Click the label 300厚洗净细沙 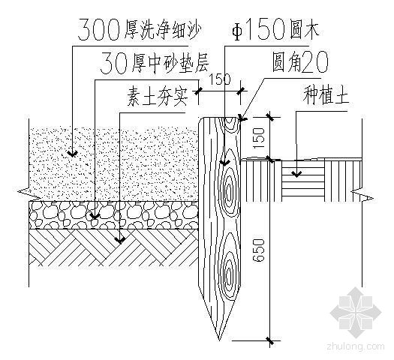[x=140, y=30]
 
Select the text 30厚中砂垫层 [x=155, y=62]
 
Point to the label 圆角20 [x=300, y=61]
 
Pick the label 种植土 [x=326, y=95]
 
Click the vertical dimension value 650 [x=259, y=250]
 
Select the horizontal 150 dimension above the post [x=220, y=79]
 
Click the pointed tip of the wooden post [x=219, y=340]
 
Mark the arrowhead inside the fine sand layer [x=72, y=154]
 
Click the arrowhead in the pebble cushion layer [x=95, y=216]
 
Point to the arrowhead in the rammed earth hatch [x=120, y=240]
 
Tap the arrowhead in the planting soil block [x=296, y=174]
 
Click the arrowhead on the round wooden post [x=224, y=163]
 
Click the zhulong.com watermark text [x=356, y=346]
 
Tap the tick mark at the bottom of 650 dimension [x=270, y=340]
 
